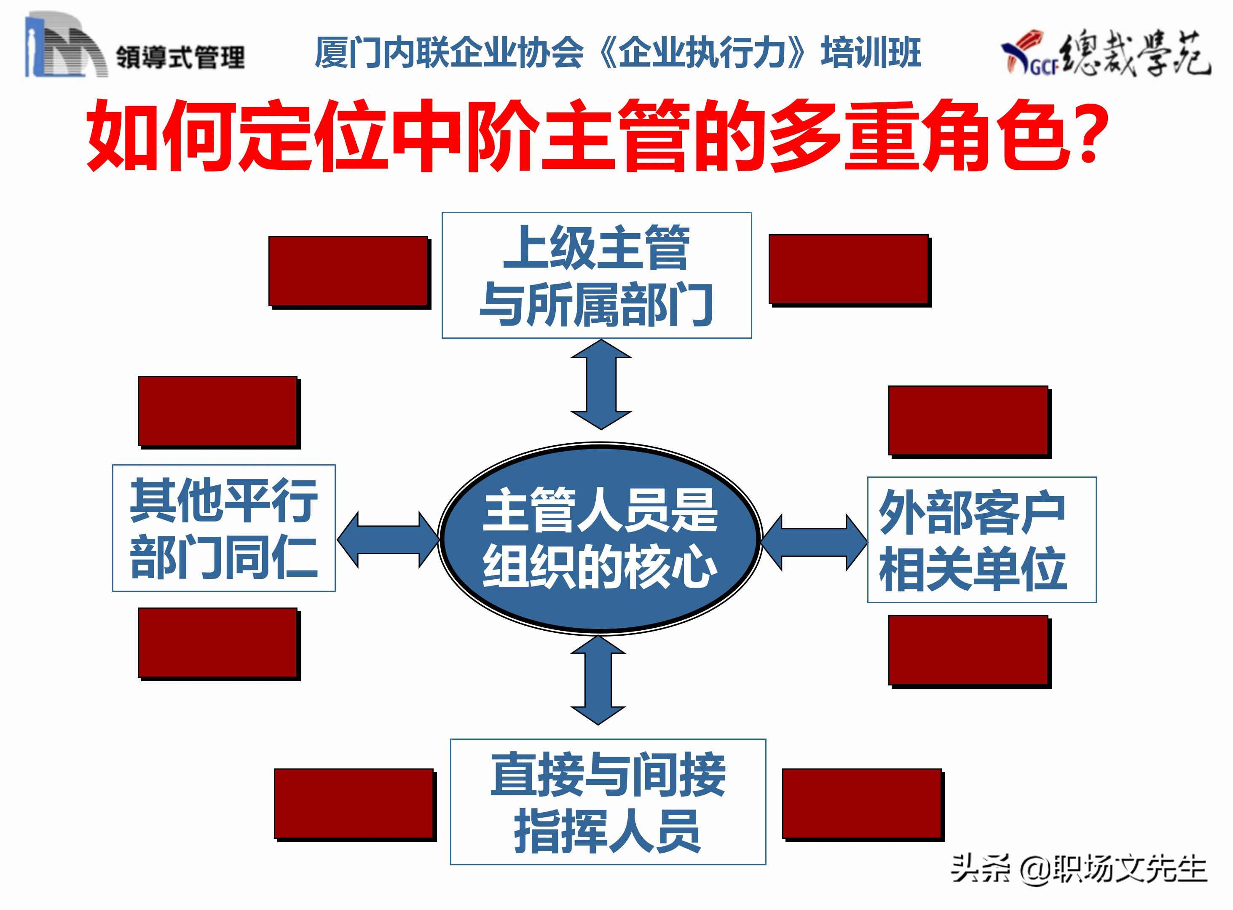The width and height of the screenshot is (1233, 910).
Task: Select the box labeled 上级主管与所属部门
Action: coord(597,275)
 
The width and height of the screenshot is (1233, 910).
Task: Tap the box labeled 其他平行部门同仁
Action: coord(224,528)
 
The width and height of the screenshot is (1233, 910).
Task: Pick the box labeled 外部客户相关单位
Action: coord(981,539)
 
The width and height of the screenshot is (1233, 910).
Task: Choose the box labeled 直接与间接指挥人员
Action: coord(608,801)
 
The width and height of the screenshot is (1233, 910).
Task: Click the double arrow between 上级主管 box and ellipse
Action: coord(600,384)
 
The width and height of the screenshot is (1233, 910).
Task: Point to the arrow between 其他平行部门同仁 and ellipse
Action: coord(389,539)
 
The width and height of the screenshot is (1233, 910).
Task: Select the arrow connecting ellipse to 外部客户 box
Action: coord(814,543)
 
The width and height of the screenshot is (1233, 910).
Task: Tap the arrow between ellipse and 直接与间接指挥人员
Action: coord(598,680)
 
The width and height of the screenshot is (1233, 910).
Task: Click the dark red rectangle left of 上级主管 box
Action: coord(348,270)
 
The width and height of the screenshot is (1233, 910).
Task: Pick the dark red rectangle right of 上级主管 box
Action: coord(848,269)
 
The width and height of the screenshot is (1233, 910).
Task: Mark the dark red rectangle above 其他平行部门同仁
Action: coord(217,410)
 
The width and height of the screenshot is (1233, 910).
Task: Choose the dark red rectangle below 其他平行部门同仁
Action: coord(217,642)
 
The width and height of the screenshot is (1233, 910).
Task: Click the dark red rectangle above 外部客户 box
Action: coord(968,420)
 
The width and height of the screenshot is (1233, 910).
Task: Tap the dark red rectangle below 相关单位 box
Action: coord(968,650)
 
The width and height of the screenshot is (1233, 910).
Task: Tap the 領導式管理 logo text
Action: coord(180,57)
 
